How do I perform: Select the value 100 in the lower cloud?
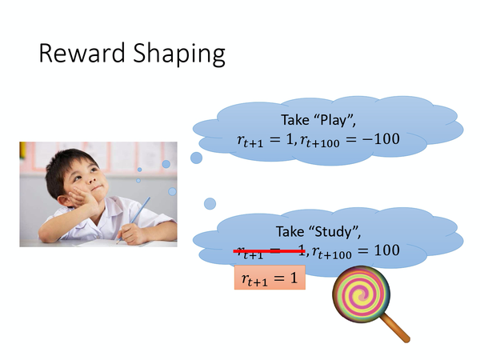pyautogui.click(x=383, y=250)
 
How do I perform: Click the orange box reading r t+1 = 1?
pyautogui.click(x=270, y=278)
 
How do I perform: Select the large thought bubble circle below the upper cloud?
pyautogui.click(x=196, y=158)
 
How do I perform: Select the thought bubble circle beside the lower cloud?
pyautogui.click(x=210, y=203)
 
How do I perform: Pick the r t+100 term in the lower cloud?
pyautogui.click(x=336, y=251)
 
